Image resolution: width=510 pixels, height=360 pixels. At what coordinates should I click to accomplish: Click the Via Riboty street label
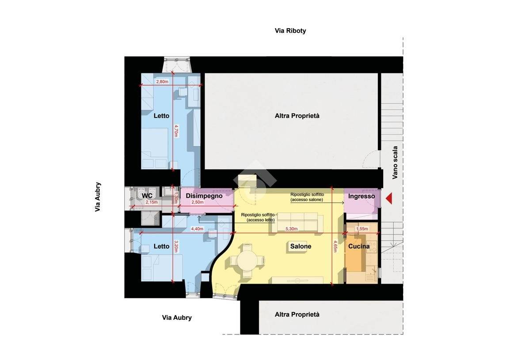[290, 31]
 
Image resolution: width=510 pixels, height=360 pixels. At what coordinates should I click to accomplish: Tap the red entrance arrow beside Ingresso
[388, 198]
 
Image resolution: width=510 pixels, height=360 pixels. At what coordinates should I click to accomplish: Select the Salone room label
[301, 246]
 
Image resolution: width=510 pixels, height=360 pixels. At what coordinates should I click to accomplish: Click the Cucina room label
[359, 246]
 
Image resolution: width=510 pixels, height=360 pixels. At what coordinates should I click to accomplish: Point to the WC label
[147, 196]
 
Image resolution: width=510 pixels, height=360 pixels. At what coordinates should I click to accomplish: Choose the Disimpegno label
[204, 196]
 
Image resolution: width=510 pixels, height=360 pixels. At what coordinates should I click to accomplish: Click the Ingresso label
[362, 197]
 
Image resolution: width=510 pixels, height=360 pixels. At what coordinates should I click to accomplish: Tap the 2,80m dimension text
[162, 82]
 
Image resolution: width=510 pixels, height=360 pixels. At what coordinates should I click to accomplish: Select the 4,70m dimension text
[176, 131]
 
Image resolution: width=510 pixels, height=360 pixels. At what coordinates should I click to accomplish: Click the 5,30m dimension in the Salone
[291, 229]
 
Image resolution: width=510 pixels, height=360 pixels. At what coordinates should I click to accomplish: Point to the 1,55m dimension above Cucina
[362, 229]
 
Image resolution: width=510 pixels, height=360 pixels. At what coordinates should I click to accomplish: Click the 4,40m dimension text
[197, 229]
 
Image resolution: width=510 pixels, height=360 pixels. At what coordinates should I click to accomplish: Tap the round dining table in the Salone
[247, 261]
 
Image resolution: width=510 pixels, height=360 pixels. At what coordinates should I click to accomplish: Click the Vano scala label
[395, 163]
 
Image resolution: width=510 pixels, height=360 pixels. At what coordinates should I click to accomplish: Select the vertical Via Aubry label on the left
[98, 197]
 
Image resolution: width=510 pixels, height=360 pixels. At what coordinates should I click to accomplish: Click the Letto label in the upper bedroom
[161, 116]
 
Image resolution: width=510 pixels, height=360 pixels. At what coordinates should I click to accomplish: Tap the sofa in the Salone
[294, 223]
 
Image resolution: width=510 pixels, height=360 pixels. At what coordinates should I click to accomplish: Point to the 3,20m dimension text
[176, 246]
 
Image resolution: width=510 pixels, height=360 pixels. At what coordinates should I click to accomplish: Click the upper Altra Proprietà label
[297, 116]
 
